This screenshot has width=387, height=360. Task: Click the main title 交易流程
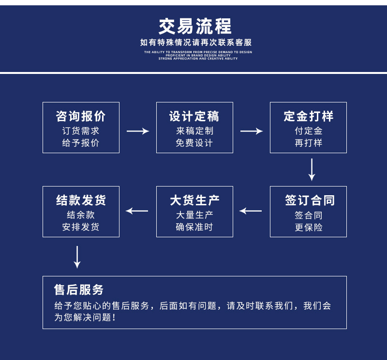[195, 26]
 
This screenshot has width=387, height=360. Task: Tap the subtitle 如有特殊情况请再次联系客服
[196, 43]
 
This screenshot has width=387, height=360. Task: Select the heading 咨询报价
[81, 116]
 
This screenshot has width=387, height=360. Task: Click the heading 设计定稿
[194, 116]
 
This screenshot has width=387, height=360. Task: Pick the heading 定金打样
[309, 116]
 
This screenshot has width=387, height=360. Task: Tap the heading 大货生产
[194, 201]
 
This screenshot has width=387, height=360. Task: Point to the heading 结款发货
[81, 201]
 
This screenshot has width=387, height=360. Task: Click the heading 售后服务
[79, 290]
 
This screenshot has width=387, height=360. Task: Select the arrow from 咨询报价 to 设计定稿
[138, 131]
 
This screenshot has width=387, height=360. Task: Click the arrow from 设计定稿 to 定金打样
[252, 131]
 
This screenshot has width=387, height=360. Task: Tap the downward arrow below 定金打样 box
[312, 170]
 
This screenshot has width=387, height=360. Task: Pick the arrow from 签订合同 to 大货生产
[251, 211]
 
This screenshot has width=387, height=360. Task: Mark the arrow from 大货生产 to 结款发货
[137, 211]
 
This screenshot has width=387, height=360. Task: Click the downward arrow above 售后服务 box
[77, 257]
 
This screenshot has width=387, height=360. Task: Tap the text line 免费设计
[194, 143]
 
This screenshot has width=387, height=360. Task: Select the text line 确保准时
[194, 227]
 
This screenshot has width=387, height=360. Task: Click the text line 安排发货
[81, 227]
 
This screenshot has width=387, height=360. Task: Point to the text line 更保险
[309, 227]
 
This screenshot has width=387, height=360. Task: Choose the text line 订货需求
[81, 131]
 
